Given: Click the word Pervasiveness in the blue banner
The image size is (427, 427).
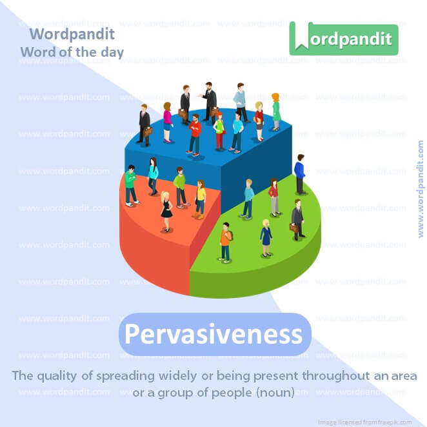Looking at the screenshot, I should click(x=213, y=335).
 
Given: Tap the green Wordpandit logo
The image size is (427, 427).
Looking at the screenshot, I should click(x=343, y=38).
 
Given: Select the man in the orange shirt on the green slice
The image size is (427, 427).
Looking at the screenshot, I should click(x=225, y=241).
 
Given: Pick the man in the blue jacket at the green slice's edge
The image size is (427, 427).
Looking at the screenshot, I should click(x=300, y=174).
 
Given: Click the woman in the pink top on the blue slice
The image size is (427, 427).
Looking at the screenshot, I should click(x=168, y=122).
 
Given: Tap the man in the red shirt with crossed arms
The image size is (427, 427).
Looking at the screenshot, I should click(x=194, y=135).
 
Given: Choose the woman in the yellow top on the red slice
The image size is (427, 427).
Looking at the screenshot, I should click(x=200, y=198).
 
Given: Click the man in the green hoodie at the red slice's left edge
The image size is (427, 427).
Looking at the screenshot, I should click(x=131, y=185).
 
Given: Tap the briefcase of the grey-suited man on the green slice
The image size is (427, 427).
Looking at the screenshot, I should click(x=293, y=227).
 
